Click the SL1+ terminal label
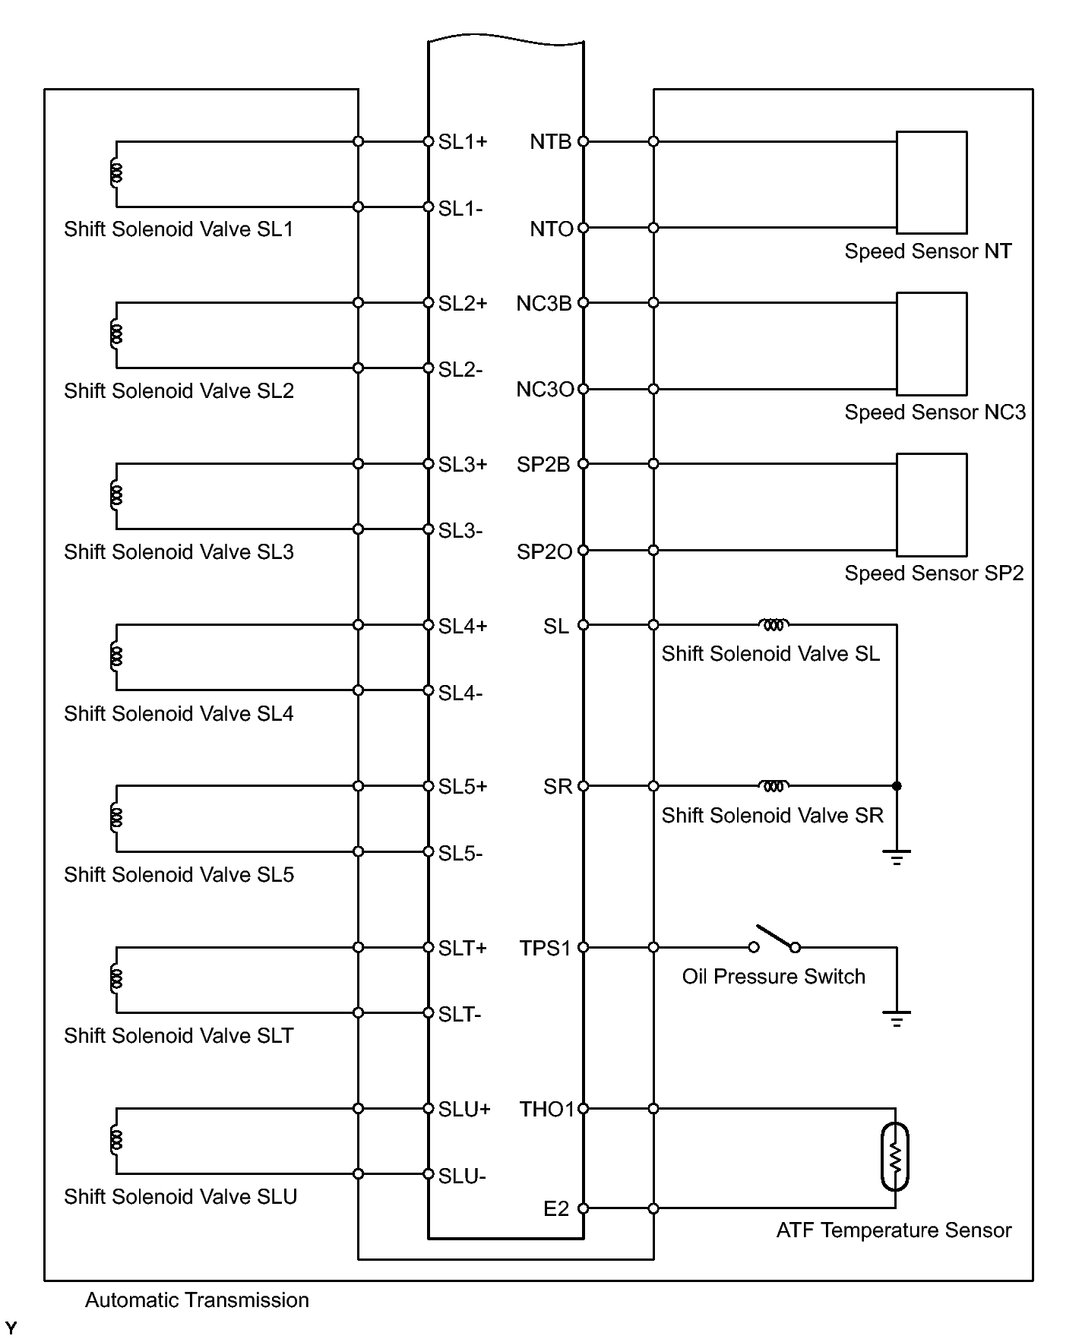point(463,142)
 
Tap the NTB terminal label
point(550,142)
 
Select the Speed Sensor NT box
point(932,182)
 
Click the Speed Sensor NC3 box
point(932,343)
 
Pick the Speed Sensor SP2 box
point(932,504)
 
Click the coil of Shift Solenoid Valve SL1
point(116,174)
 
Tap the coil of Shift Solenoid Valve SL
point(774,624)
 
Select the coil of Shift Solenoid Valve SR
point(774,785)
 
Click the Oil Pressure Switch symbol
point(774,940)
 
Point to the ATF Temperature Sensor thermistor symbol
point(895,1157)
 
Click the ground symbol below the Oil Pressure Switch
point(897,1018)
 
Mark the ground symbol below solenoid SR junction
point(897,857)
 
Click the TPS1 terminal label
point(545,948)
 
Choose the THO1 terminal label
point(547,1109)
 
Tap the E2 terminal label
point(556,1208)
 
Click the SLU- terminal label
point(461,1176)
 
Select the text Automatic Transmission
point(197,1300)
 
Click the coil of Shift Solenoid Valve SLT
point(116,979)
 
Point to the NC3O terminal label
point(545,390)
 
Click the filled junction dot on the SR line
point(897,786)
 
